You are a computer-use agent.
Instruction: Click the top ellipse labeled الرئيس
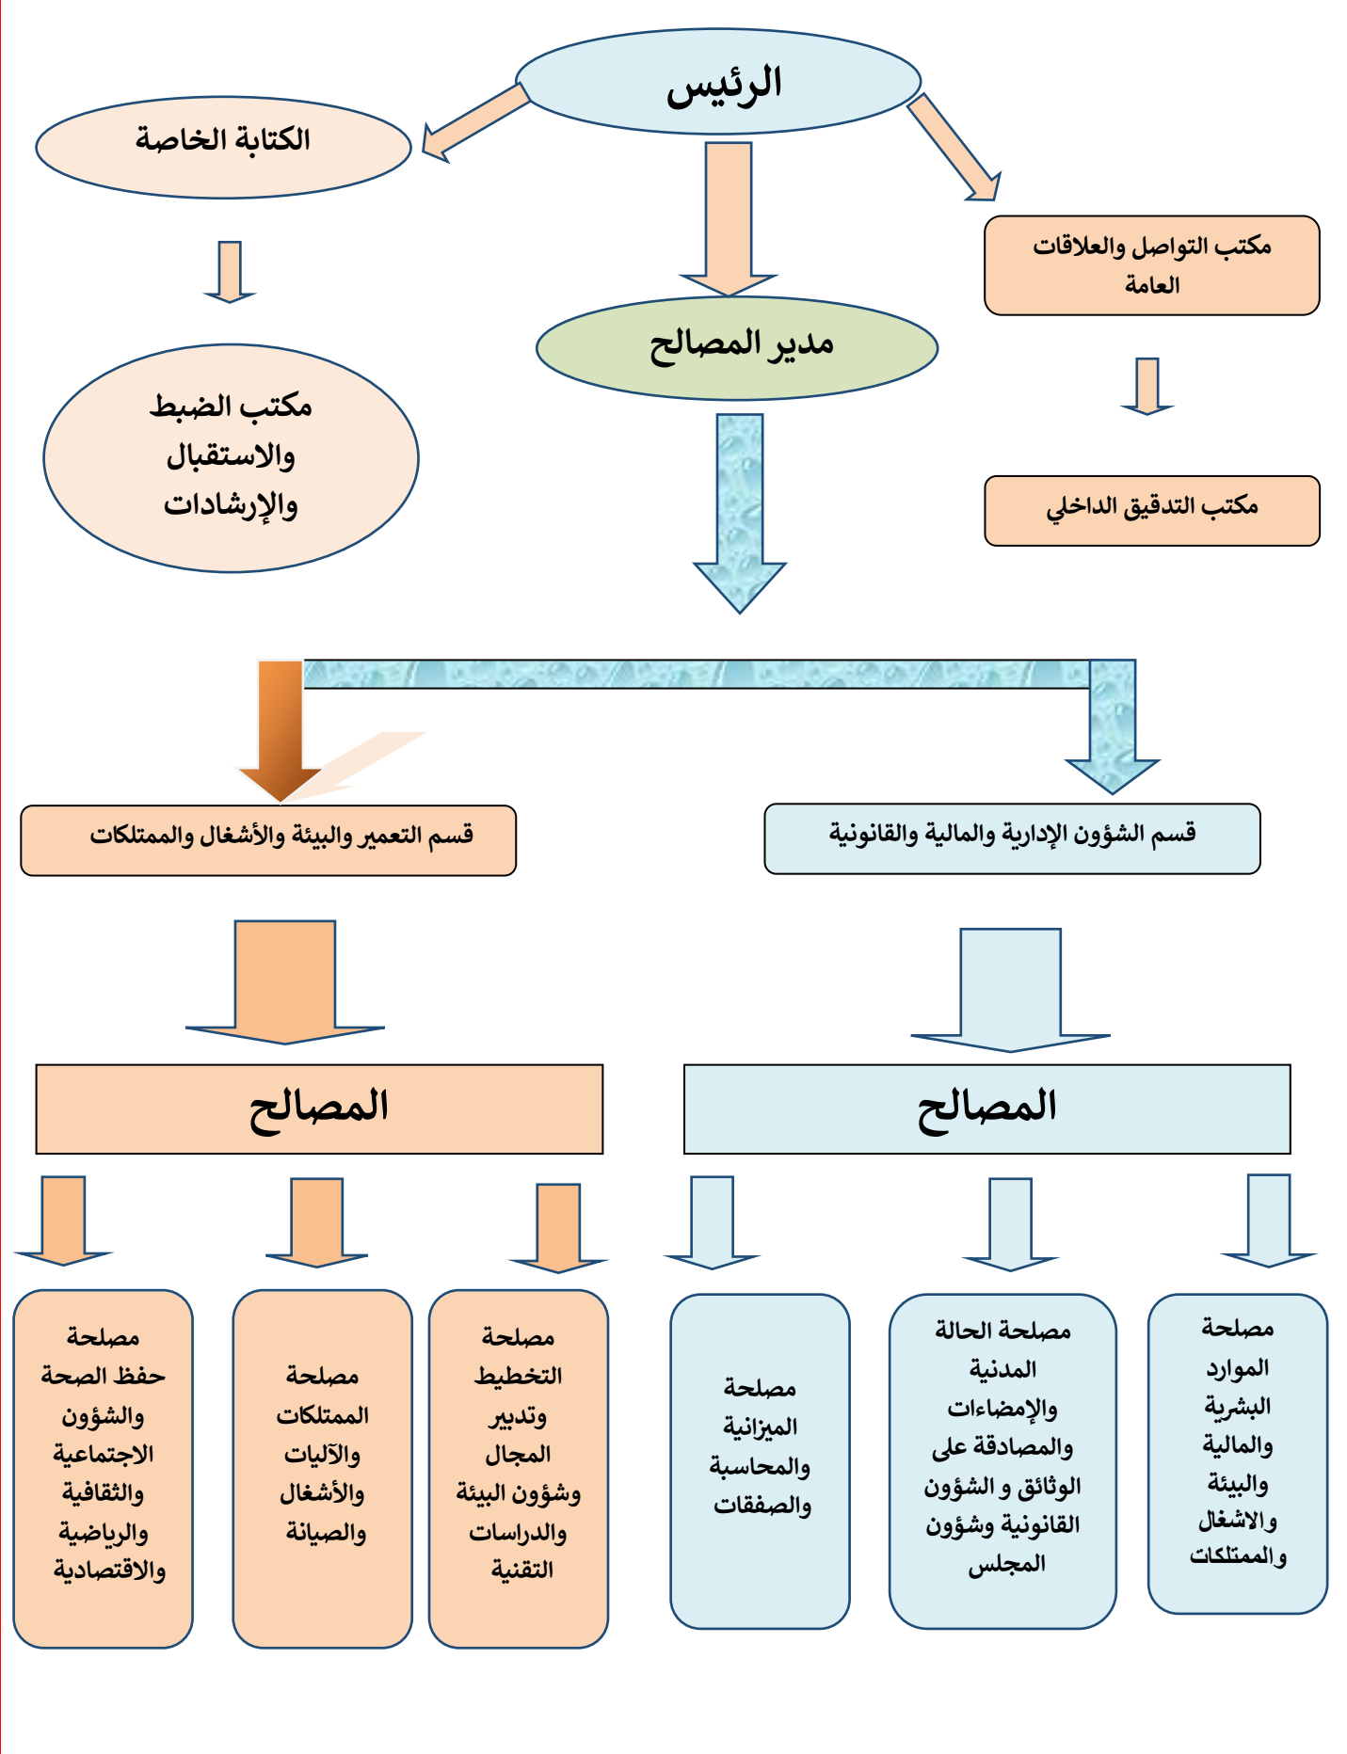[717, 82]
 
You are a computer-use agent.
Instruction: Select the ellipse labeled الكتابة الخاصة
[223, 147]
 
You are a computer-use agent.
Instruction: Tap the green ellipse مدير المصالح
[736, 347]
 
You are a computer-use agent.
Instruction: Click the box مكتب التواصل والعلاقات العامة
[1150, 265]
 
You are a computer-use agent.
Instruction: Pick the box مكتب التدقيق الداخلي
[1151, 511]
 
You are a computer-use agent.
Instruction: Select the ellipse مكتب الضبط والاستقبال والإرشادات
[231, 458]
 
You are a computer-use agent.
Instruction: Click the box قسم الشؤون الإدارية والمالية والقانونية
[1011, 838]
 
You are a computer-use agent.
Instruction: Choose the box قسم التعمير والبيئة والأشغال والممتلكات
[268, 840]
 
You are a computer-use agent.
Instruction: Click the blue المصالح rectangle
[986, 1108]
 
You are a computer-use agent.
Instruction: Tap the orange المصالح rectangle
[319, 1108]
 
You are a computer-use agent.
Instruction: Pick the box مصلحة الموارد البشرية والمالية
[1236, 1453]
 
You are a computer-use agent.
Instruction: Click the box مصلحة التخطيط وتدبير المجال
[518, 1468]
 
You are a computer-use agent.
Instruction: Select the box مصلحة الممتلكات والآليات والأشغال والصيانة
[322, 1468]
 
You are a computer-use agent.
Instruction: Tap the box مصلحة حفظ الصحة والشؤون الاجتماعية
[103, 1468]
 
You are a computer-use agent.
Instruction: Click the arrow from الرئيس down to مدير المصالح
[729, 221]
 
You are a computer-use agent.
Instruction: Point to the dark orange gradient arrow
[280, 729]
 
